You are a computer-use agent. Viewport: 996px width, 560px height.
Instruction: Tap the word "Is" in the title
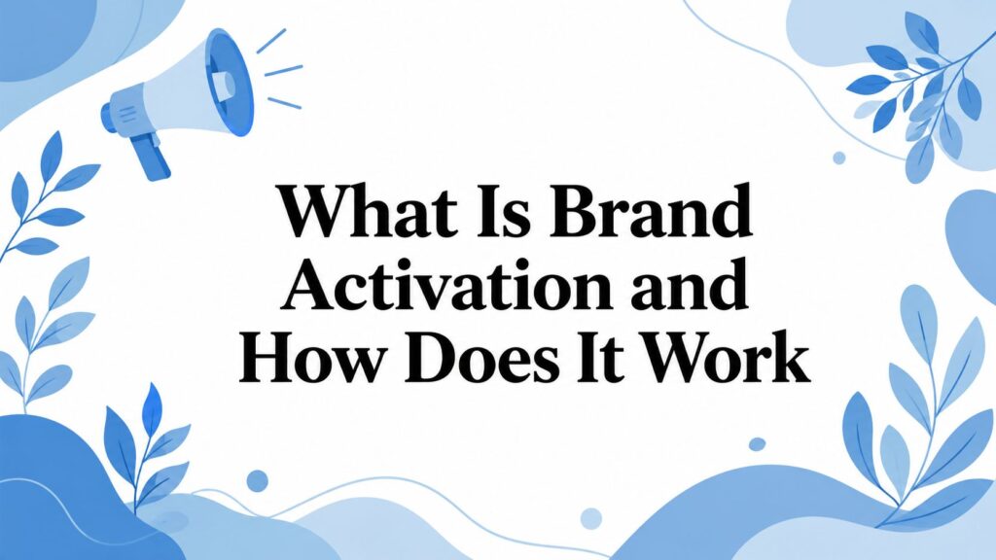click(x=504, y=210)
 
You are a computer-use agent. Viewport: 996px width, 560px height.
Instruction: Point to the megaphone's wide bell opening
click(x=230, y=82)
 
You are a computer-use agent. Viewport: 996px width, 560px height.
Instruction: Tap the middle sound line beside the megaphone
click(x=283, y=70)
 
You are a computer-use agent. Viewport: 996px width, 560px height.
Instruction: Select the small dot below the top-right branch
click(x=839, y=157)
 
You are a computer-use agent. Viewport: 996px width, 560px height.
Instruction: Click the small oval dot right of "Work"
click(x=757, y=443)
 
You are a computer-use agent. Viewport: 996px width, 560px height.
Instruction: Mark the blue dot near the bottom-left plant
click(x=257, y=480)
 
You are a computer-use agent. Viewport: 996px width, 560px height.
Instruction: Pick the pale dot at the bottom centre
click(x=590, y=518)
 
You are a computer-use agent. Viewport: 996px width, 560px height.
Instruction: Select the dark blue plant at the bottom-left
click(x=146, y=444)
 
